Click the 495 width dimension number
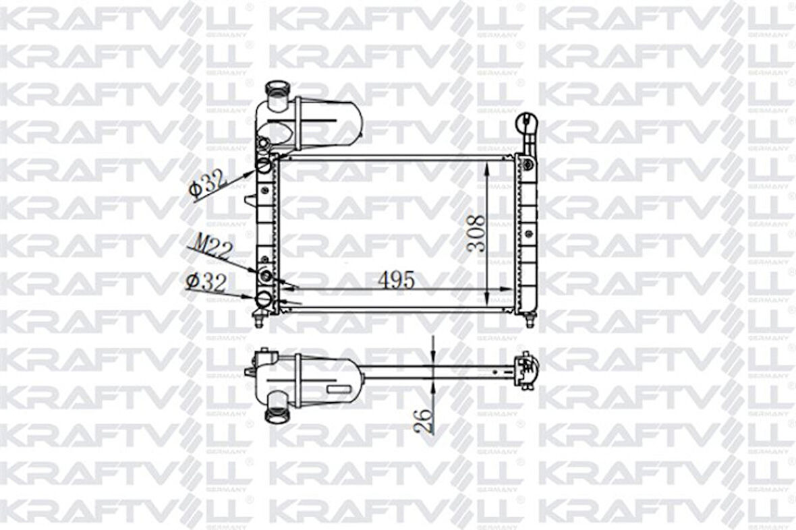pyautogui.click(x=395, y=280)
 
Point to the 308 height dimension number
pyautogui.click(x=476, y=233)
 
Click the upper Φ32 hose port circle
pyautogui.click(x=265, y=165)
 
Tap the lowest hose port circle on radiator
pyautogui.click(x=264, y=300)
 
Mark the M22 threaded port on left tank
pyautogui.click(x=265, y=275)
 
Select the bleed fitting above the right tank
pyautogui.click(x=525, y=124)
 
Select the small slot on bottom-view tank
pyautogui.click(x=335, y=389)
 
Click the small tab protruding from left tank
pyautogui.click(x=250, y=201)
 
